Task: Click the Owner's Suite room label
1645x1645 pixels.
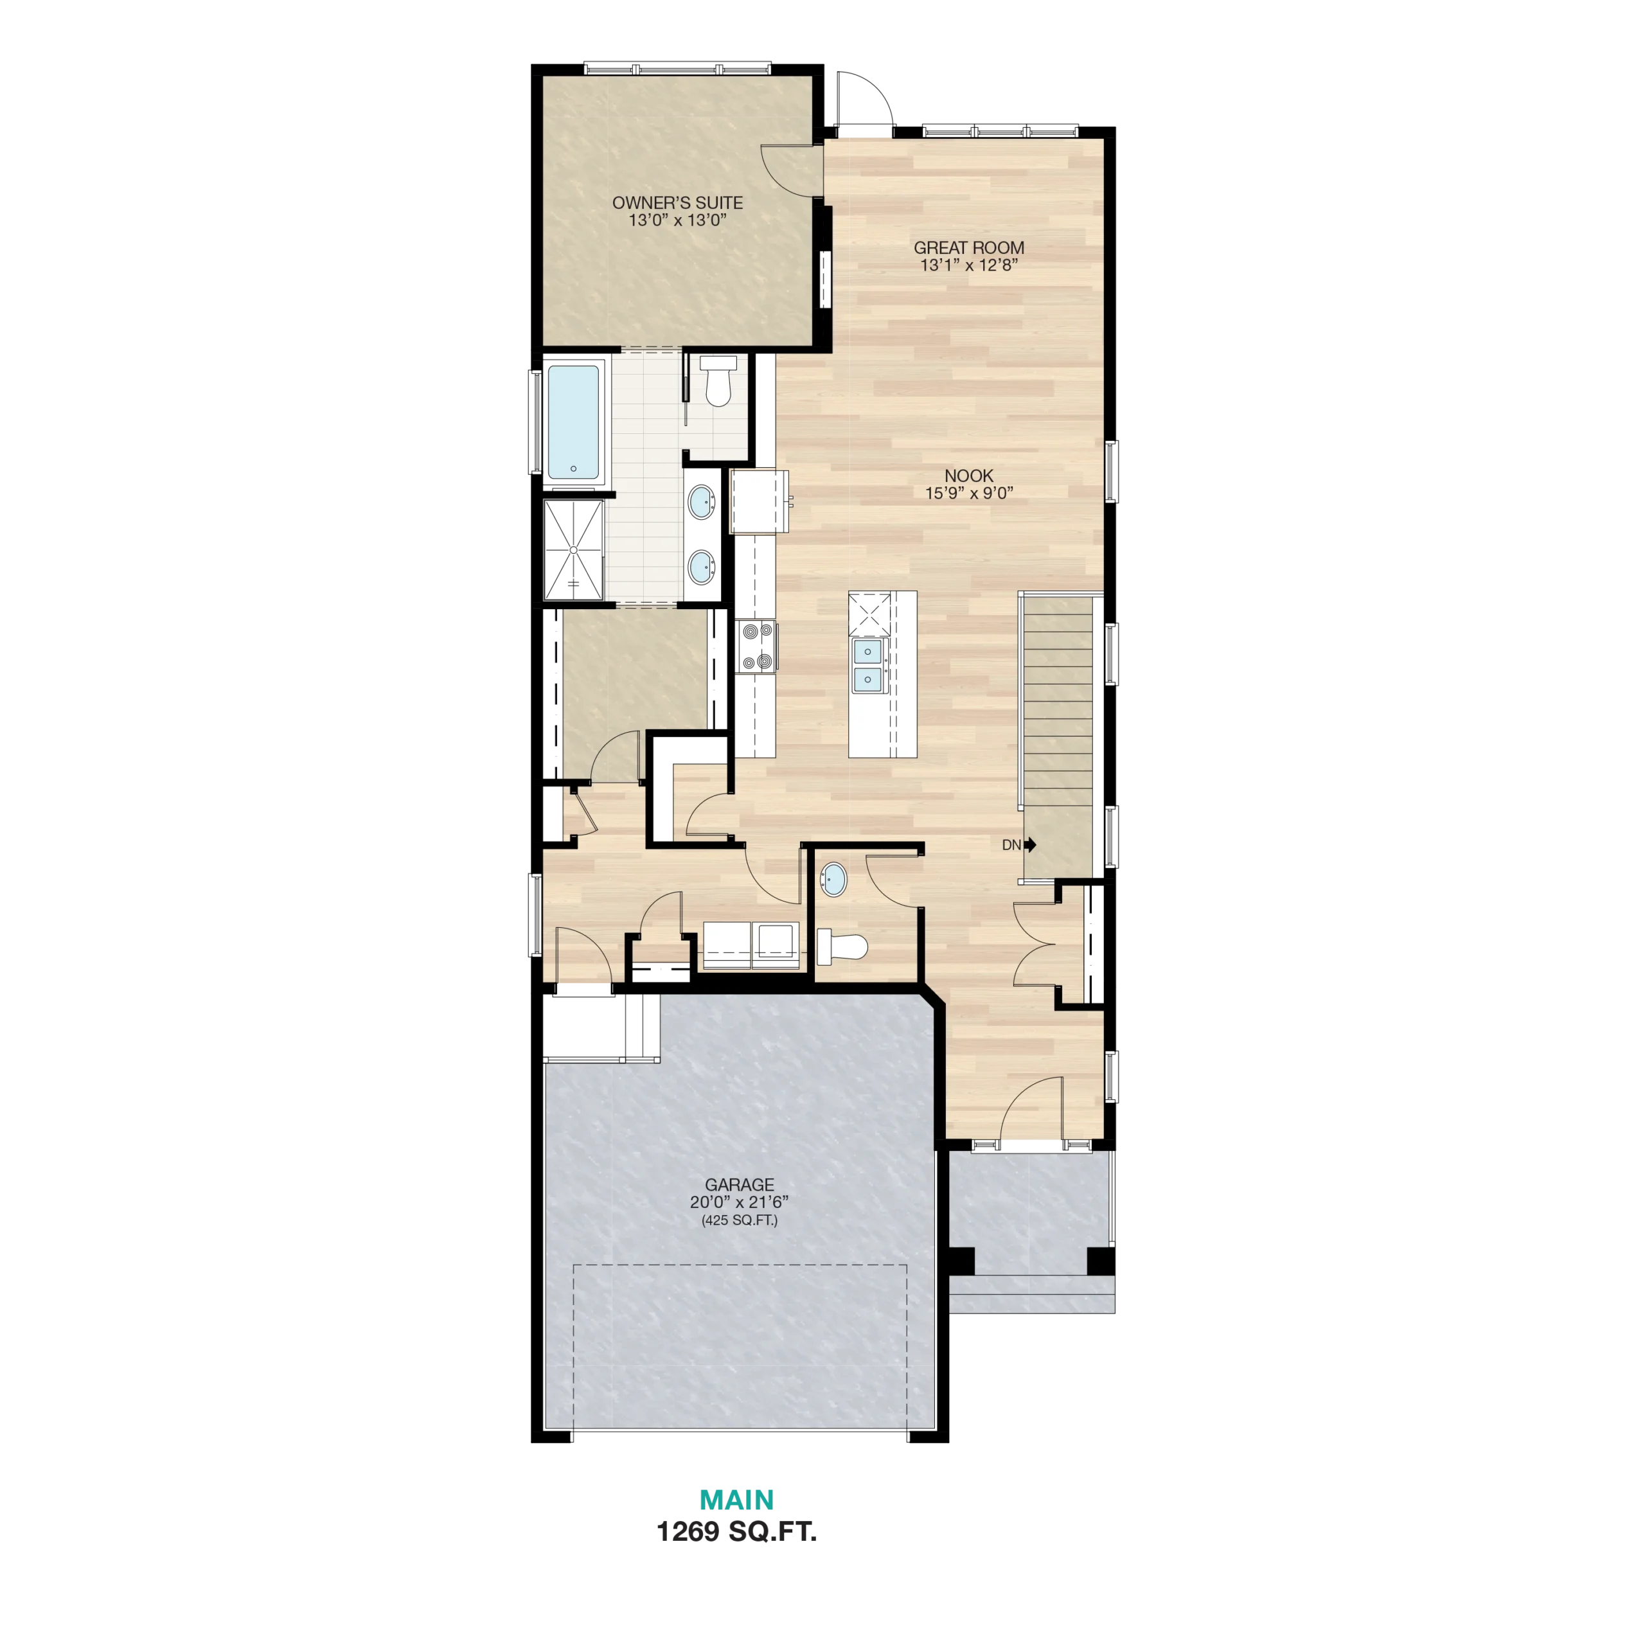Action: click(678, 202)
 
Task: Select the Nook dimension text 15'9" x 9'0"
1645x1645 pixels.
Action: click(969, 493)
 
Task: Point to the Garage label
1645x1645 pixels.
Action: click(739, 1184)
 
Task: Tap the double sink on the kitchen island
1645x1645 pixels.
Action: click(869, 665)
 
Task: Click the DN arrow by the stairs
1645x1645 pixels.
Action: click(1030, 844)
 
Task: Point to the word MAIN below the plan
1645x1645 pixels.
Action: click(737, 1499)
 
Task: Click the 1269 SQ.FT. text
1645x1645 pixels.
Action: click(736, 1532)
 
